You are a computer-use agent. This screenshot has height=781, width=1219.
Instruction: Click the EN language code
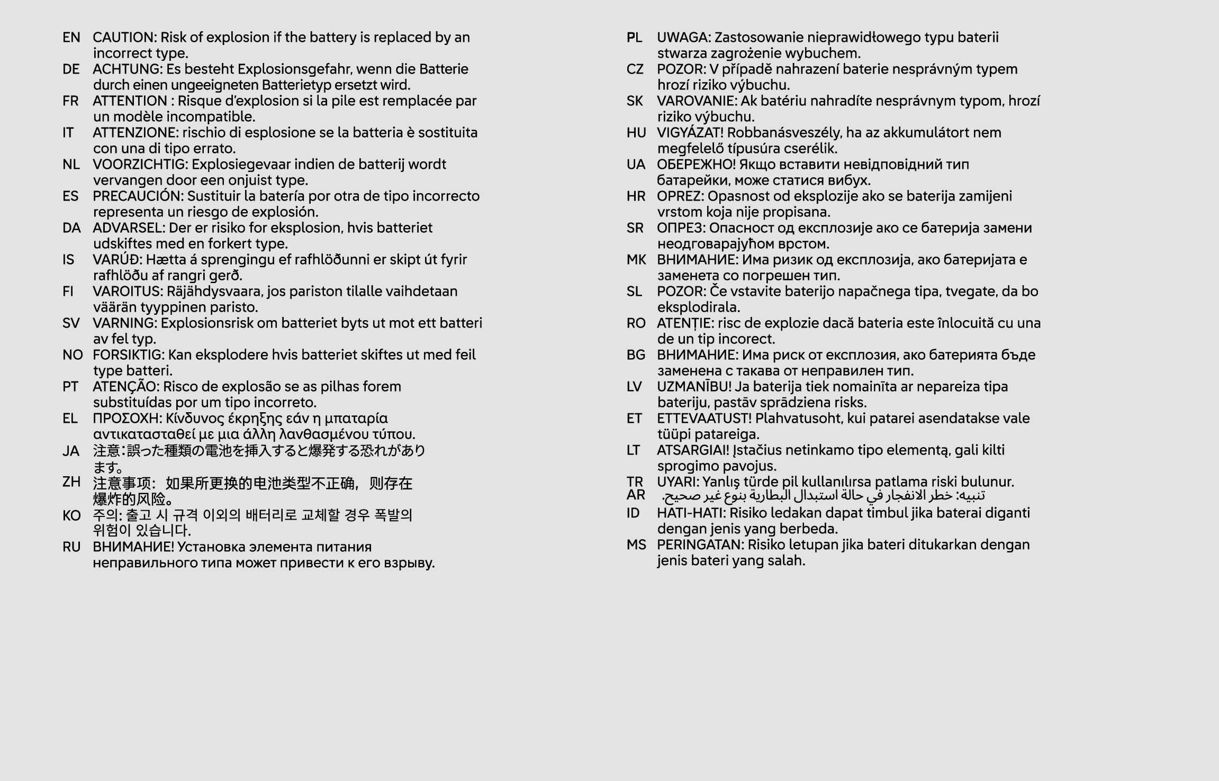(71, 38)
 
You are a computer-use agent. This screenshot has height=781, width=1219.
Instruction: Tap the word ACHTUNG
(127, 69)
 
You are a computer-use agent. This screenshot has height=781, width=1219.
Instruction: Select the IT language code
(68, 133)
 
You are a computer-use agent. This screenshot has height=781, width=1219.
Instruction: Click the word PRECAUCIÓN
(138, 196)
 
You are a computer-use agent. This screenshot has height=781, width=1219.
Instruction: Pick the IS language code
(68, 260)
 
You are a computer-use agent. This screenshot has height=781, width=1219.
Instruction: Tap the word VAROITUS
(127, 292)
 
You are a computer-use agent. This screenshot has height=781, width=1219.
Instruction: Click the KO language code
(71, 515)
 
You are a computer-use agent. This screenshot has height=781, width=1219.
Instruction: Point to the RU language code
(71, 547)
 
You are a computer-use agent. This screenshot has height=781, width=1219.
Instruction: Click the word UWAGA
(683, 38)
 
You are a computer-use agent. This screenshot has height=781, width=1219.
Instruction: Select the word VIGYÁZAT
(689, 133)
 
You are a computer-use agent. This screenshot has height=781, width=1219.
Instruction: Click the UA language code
(636, 165)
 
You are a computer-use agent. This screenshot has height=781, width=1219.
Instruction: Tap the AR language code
(636, 495)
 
